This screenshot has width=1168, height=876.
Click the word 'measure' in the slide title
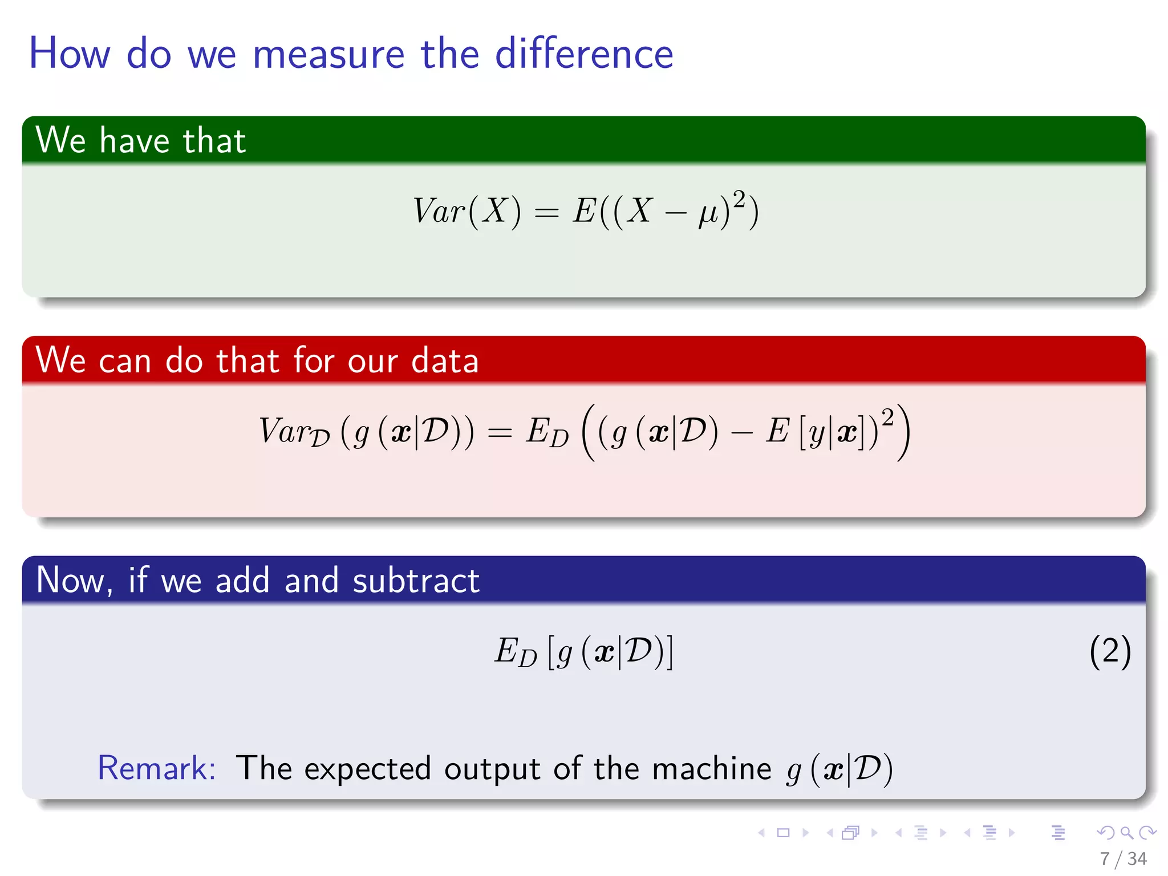coord(328,54)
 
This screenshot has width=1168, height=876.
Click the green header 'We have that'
coord(140,140)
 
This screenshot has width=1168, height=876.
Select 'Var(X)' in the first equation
coord(467,211)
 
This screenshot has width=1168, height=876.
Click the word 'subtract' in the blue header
coord(416,581)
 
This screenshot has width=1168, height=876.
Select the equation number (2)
coord(1110,651)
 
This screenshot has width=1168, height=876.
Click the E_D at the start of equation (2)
coord(514,652)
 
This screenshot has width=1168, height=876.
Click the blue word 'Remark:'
coord(156,768)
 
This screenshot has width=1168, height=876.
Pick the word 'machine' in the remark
coord(711,768)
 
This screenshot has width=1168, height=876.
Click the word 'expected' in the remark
coord(367,769)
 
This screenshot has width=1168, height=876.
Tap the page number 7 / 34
coord(1123,858)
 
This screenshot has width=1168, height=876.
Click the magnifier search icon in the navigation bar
coord(1126,833)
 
